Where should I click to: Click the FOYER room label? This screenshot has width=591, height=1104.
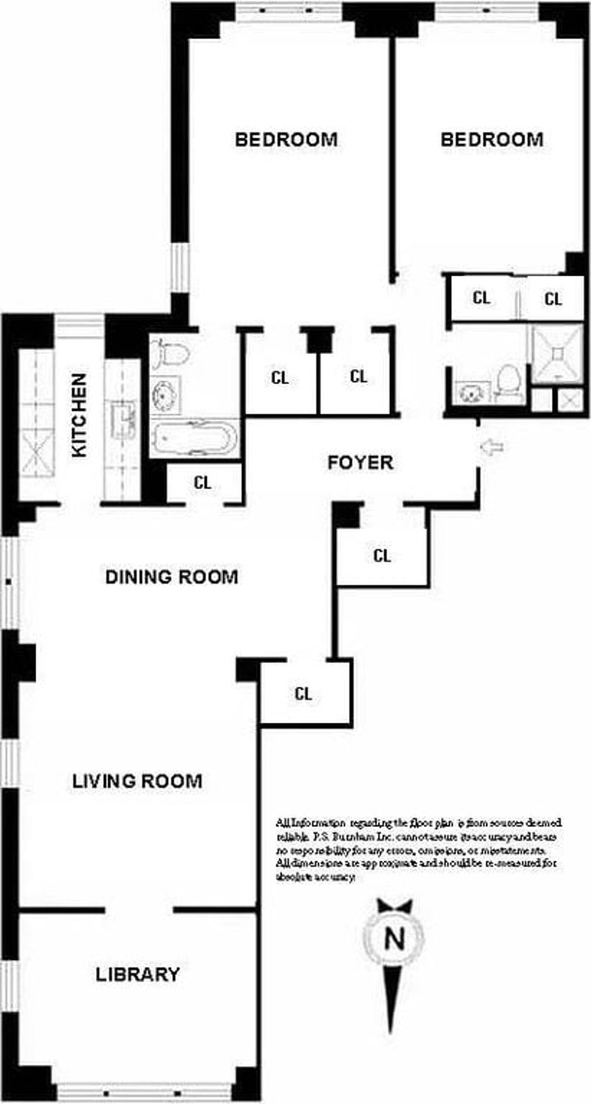coord(361,463)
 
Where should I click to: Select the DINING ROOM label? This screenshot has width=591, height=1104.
coord(171,577)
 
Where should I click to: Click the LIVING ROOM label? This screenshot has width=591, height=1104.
coord(137,781)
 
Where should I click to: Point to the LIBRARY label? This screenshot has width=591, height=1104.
coord(137,975)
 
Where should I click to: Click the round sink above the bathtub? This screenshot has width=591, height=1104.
coord(164,394)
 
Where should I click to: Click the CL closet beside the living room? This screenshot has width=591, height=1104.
coord(304,694)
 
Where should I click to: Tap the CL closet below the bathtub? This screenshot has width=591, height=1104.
coord(202,483)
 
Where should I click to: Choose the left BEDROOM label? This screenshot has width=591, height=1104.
coord(286,139)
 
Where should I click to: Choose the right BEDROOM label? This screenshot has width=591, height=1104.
coord(491,139)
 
